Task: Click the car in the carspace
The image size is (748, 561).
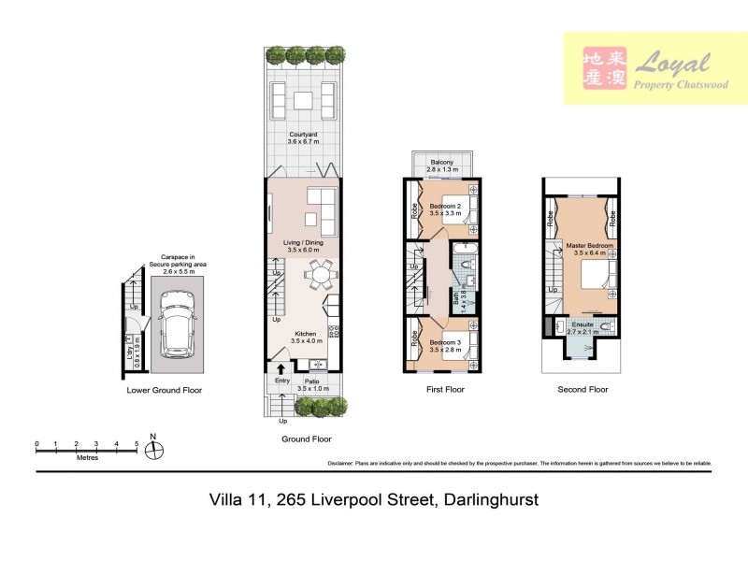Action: [177, 324]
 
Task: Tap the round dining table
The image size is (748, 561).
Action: [321, 276]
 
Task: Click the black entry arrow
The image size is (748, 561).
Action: [281, 369]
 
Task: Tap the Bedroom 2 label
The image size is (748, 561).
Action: [445, 209]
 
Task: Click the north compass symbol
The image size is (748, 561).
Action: [155, 450]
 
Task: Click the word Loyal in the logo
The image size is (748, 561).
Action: [673, 64]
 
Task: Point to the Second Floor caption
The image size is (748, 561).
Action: [583, 390]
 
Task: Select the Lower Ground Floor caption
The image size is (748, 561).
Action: [165, 390]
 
